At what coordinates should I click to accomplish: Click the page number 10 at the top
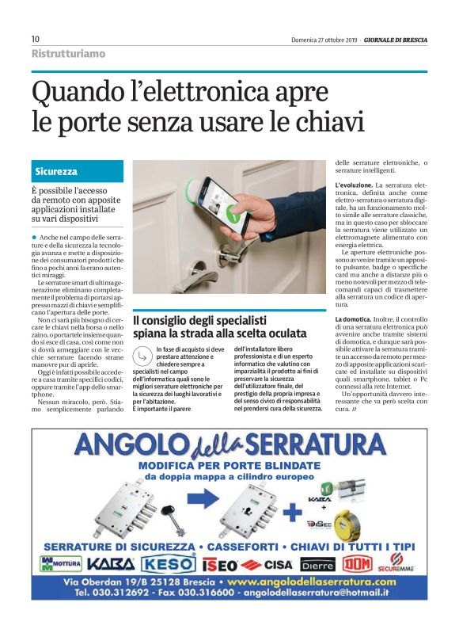pyautogui.click(x=36, y=39)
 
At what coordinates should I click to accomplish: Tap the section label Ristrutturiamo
pyautogui.click(x=68, y=54)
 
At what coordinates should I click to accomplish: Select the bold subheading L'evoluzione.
pyautogui.click(x=354, y=185)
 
